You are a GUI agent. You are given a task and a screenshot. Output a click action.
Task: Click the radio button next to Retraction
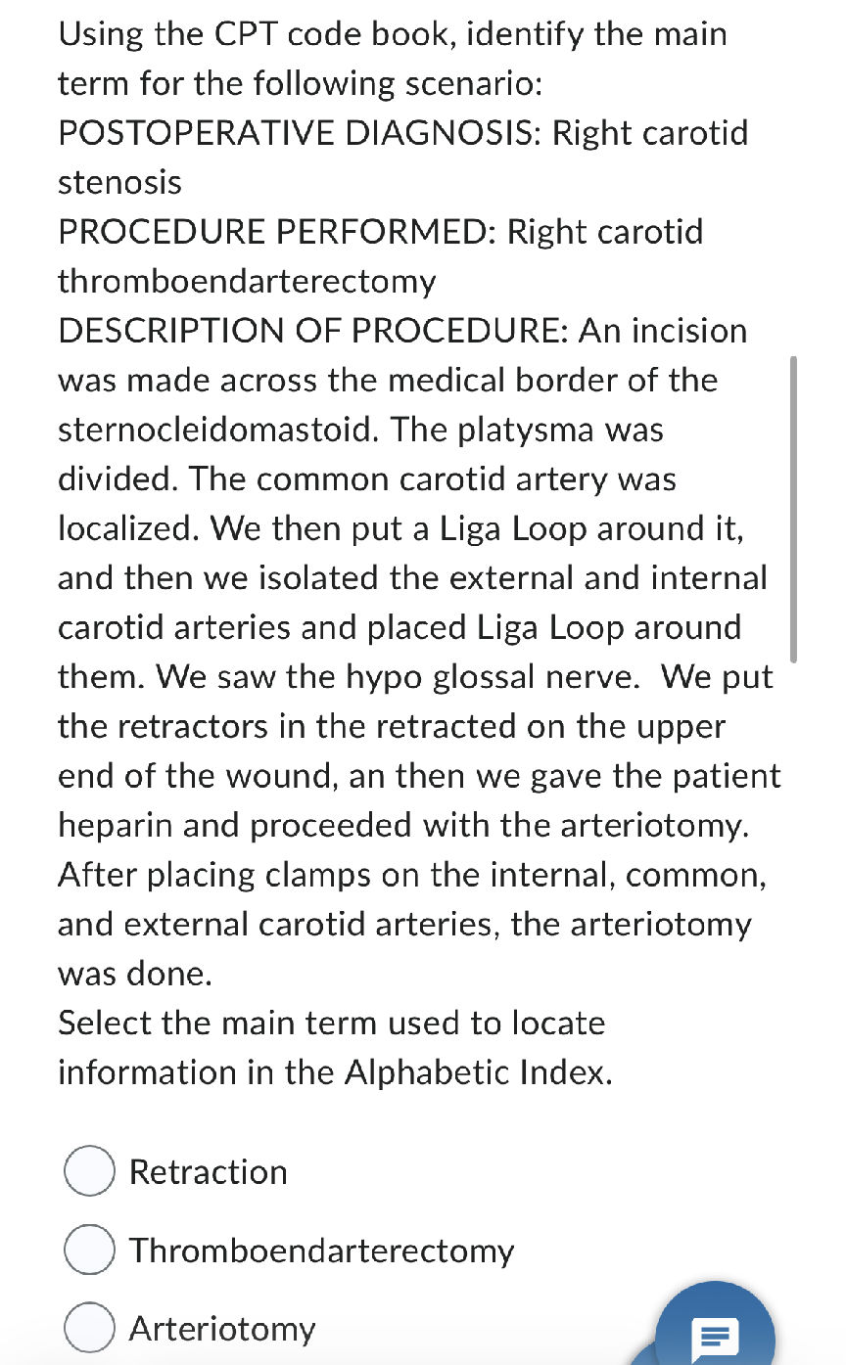pos(90,1171)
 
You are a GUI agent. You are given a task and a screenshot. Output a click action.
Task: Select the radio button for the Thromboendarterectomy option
pos(90,1250)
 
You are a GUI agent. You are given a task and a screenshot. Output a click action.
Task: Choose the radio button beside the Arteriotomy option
pos(90,1328)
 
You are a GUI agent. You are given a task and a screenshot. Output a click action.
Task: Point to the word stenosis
pos(119,182)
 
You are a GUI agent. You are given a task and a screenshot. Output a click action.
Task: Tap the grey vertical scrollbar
pos(793,509)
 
